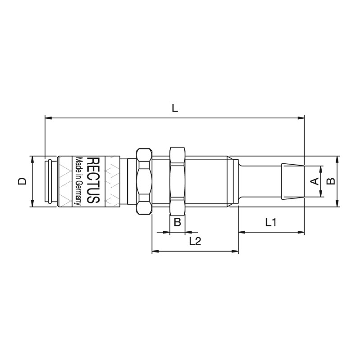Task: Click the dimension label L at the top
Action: (175, 108)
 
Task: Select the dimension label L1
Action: (271, 222)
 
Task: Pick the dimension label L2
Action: (195, 241)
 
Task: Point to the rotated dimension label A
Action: (314, 181)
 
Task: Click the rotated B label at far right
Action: (331, 181)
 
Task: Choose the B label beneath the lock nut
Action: (177, 222)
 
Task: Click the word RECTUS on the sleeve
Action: (94, 180)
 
